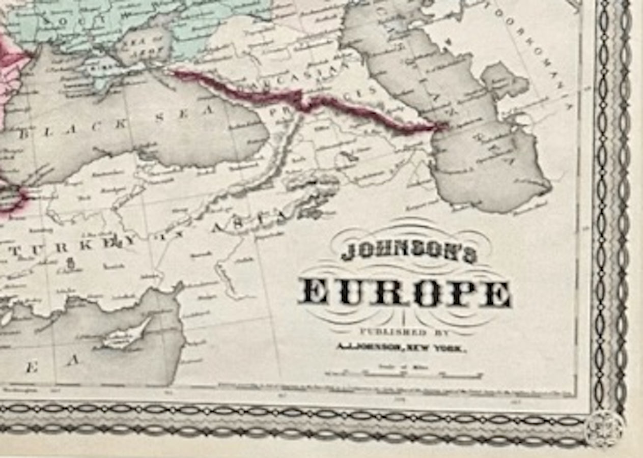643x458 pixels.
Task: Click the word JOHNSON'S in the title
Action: [x=408, y=251]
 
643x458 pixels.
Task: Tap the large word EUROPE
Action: [x=405, y=293]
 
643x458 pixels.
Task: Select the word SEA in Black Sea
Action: [x=183, y=115]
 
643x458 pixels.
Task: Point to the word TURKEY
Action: [x=76, y=245]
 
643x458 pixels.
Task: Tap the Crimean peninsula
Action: [x=102, y=71]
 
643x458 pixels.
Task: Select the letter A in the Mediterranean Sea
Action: [x=73, y=360]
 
